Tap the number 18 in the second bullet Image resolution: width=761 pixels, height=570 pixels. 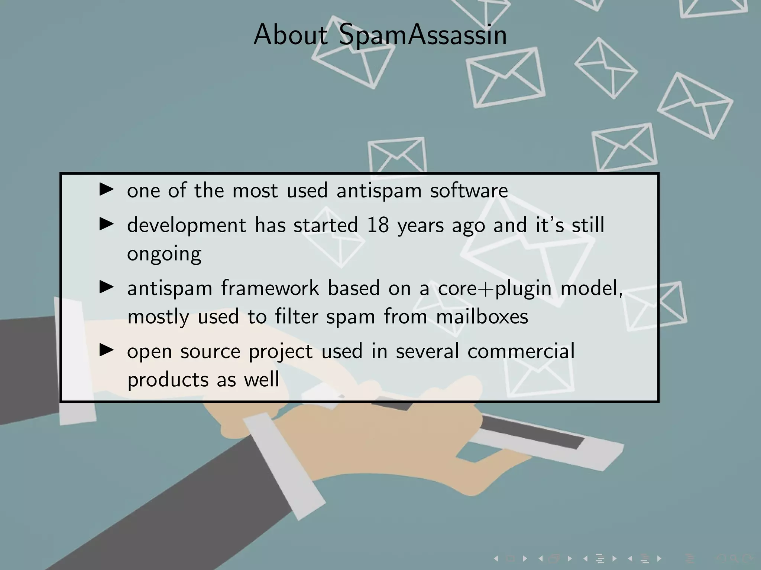click(x=378, y=225)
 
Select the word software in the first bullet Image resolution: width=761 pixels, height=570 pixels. click(x=469, y=191)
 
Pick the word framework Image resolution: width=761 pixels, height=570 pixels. click(x=270, y=288)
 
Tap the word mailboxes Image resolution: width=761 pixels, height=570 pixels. click(x=482, y=317)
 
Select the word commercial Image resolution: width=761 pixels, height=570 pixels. click(x=521, y=351)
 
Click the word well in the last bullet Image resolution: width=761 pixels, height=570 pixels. click(x=261, y=380)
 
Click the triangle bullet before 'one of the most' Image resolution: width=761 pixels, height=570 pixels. click(x=107, y=190)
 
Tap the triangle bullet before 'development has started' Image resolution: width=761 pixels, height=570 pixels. click(x=107, y=224)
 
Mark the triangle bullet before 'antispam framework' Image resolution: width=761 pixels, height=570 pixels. click(x=107, y=287)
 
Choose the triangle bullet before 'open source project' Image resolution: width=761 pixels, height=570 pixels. click(x=107, y=350)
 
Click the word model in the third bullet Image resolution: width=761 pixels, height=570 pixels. click(x=591, y=288)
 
